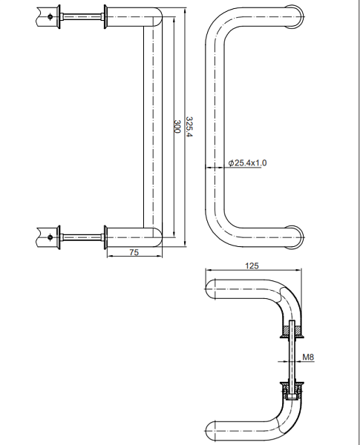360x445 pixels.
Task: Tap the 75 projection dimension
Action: (134, 253)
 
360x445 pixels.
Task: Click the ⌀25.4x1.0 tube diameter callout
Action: (248, 162)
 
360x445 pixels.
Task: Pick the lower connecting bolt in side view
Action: (82, 237)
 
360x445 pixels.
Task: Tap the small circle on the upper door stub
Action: (50, 15)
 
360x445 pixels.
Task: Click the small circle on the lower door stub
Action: (50, 237)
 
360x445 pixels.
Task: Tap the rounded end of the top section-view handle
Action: (212, 288)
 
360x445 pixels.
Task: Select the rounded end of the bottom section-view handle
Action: (212, 429)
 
